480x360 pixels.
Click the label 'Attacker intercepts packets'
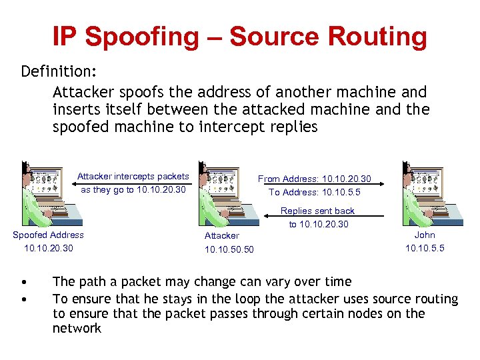133,177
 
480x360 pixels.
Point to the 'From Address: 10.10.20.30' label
315,179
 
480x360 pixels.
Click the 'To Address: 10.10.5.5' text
315,192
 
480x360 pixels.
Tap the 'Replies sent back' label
317,211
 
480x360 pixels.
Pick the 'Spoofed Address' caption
49,235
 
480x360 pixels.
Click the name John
425,235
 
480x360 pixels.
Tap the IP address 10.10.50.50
229,249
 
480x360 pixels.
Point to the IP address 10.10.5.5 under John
425,248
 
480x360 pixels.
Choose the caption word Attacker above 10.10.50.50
222,235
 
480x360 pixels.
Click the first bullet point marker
24,283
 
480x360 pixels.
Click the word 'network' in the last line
77,328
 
